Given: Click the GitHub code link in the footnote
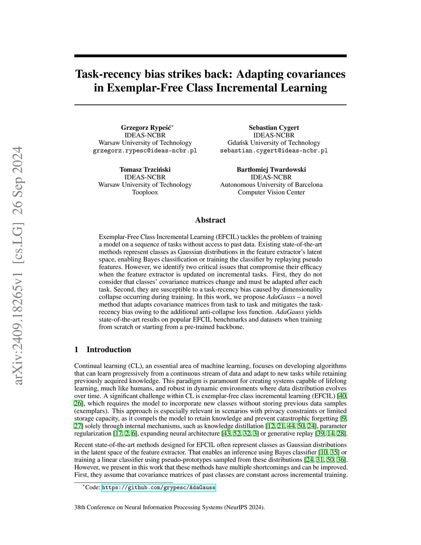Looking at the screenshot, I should click(x=158, y=487).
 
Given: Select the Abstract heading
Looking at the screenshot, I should click(x=210, y=220).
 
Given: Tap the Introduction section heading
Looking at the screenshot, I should click(x=109, y=350).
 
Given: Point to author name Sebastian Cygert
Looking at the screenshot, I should click(x=274, y=128).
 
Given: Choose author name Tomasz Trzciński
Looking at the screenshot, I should click(x=145, y=169).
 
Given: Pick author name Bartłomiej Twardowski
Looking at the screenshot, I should click(x=271, y=169).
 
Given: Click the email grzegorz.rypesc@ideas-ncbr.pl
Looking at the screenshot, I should click(x=145, y=151).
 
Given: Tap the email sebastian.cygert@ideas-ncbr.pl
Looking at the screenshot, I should click(x=274, y=151).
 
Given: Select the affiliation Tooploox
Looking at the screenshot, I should click(x=145, y=192).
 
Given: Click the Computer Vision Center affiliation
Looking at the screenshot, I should click(x=271, y=192).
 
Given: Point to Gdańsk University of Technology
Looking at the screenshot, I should click(x=274, y=143).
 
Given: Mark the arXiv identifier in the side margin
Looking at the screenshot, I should click(x=19, y=266).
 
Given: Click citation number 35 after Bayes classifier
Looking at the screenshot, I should click(x=335, y=452).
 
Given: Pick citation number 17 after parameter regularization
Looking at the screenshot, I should click(x=118, y=434).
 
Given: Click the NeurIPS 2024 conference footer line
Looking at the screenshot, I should click(x=169, y=507).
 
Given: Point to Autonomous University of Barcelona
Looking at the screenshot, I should click(x=271, y=185).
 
